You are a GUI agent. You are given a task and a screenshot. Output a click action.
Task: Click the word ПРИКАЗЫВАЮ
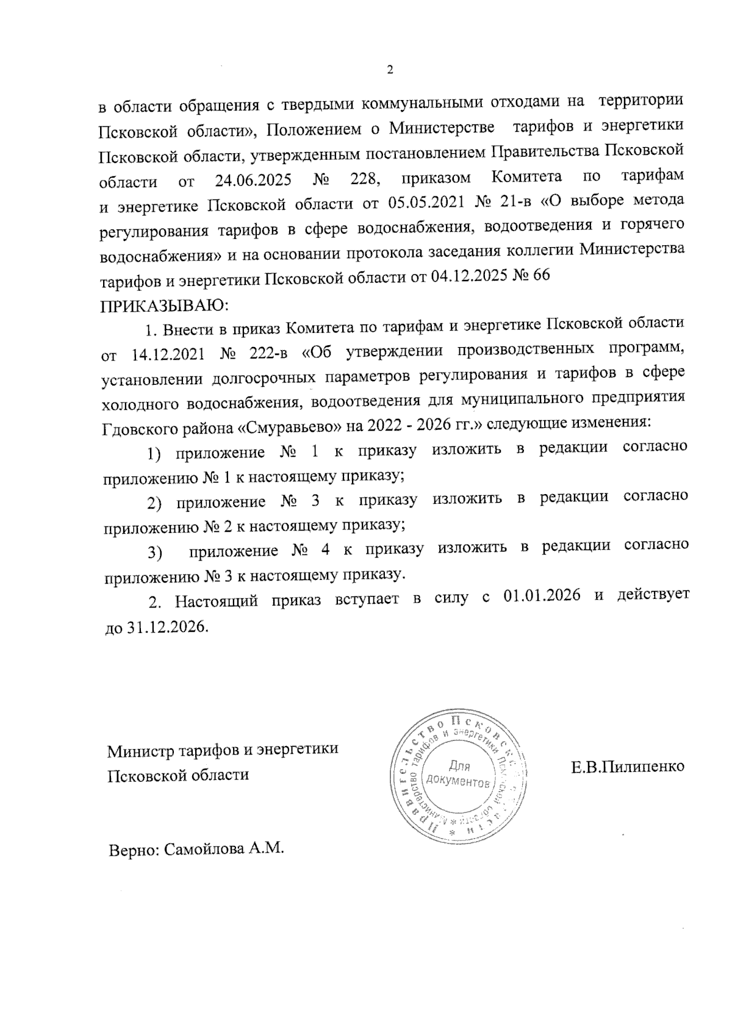coord(164,303)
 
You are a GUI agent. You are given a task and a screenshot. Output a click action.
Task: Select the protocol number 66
coord(540,276)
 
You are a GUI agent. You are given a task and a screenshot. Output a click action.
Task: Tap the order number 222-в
coord(267,353)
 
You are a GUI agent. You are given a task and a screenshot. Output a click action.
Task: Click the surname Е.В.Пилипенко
coord(628,766)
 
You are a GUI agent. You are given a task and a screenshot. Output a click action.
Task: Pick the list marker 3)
coord(154,553)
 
